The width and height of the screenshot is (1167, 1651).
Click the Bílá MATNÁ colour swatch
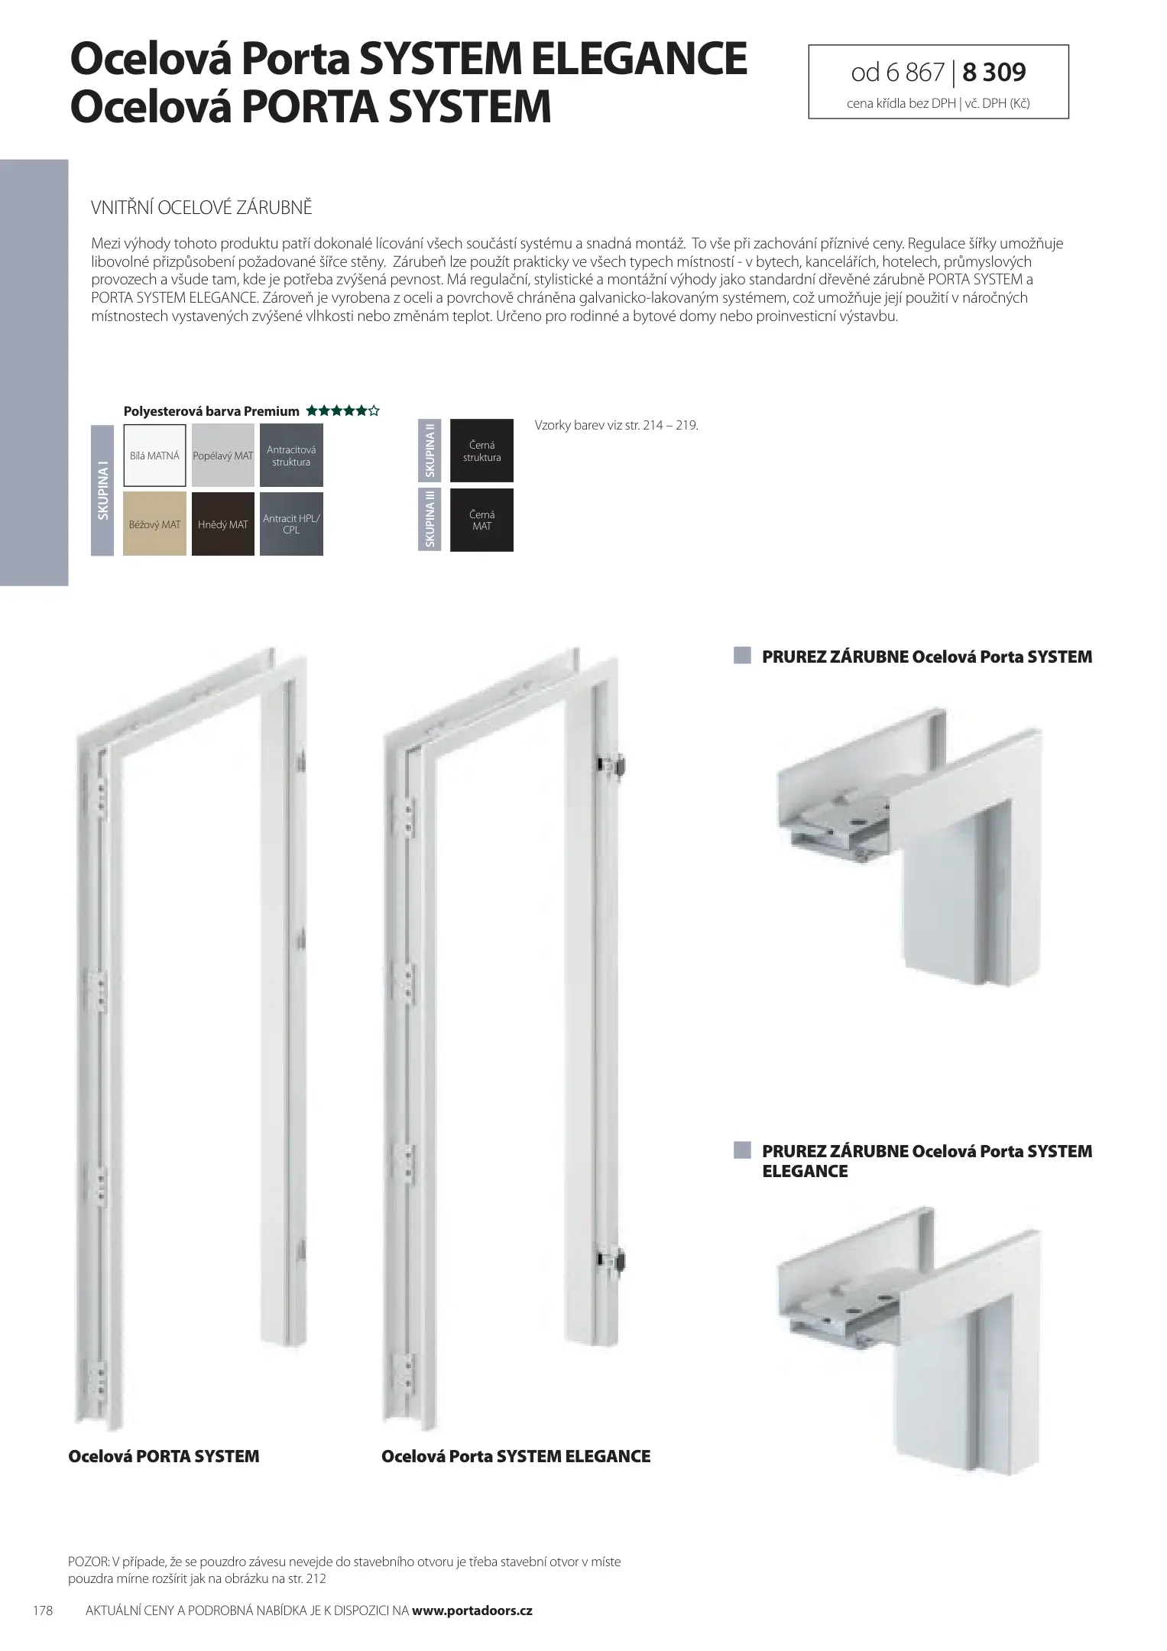click(x=154, y=456)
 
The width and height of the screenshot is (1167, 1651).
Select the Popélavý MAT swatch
click(x=223, y=456)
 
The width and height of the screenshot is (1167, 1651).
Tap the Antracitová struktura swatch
click(x=291, y=456)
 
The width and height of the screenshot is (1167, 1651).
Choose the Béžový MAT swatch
click(x=154, y=524)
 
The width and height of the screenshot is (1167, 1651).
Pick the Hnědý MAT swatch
click(x=223, y=524)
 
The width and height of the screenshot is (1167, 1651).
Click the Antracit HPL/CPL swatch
click(x=291, y=524)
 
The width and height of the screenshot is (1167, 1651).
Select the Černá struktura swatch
click(x=481, y=451)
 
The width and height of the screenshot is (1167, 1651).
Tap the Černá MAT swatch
click(x=481, y=521)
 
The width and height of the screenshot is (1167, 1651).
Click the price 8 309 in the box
click(x=994, y=73)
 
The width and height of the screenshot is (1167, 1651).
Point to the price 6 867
click(x=915, y=73)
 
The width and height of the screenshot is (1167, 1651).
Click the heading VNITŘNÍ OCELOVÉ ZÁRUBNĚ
click(x=202, y=208)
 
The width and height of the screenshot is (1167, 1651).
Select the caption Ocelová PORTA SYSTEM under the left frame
click(x=164, y=1457)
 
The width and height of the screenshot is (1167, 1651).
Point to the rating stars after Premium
click(x=342, y=411)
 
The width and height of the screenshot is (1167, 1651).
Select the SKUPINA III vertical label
click(x=431, y=519)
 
